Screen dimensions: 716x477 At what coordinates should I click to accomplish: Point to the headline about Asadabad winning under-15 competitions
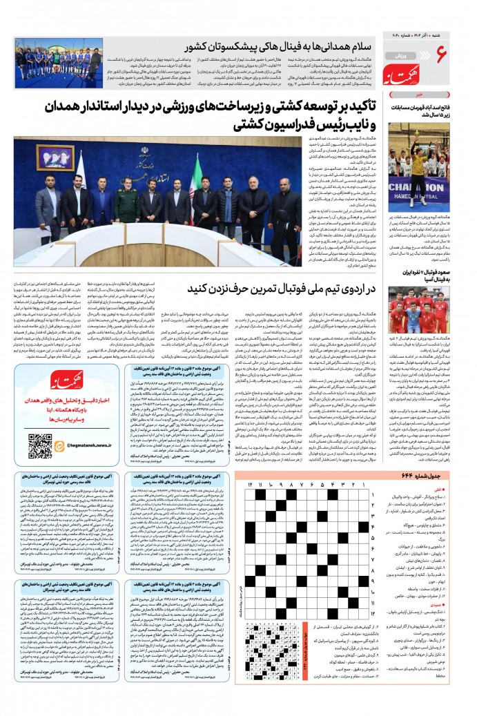[418, 112]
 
